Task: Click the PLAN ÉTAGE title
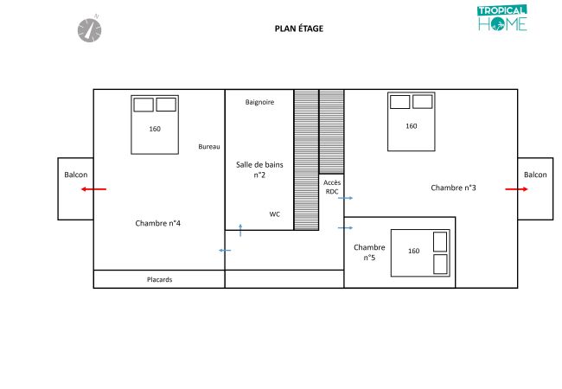click(299, 29)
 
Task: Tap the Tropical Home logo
click(502, 18)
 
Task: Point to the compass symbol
click(90, 29)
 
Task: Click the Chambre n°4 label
click(157, 223)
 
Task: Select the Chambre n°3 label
click(453, 188)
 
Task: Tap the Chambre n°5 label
click(369, 252)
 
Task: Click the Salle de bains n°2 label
click(259, 169)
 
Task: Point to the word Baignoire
click(259, 102)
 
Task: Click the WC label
click(275, 214)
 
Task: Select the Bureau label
click(209, 146)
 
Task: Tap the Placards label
click(159, 279)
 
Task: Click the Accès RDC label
click(332, 187)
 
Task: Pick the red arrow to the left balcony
click(93, 189)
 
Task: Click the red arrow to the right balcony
click(516, 189)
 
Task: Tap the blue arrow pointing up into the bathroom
click(240, 230)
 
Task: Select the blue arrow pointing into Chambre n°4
click(225, 251)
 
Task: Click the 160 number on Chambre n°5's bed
click(413, 251)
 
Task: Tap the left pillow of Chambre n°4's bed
click(144, 105)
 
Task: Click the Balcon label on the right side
click(535, 175)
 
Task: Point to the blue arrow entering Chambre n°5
click(345, 228)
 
